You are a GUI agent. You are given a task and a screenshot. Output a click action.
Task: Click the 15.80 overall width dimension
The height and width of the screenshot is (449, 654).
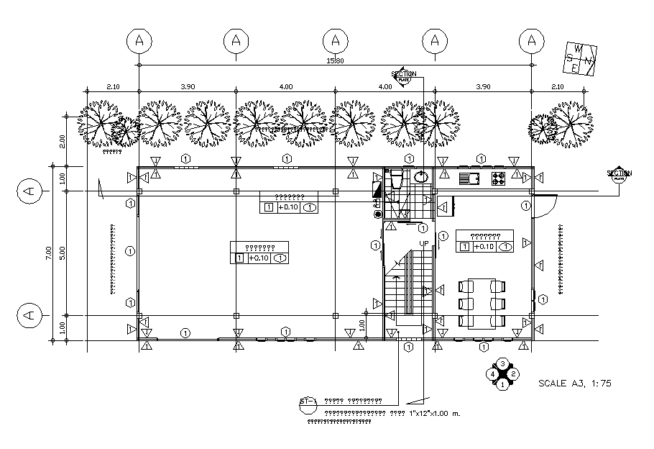(x=335, y=61)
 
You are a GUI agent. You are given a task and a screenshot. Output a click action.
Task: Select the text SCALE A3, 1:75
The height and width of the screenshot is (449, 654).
(x=574, y=384)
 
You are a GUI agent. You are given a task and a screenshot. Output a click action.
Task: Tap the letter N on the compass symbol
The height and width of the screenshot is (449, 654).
(x=587, y=59)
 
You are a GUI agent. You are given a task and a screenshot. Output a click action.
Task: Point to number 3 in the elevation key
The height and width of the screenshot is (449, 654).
(x=503, y=363)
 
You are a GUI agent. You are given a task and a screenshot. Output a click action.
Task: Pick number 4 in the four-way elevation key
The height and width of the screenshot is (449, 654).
(x=492, y=374)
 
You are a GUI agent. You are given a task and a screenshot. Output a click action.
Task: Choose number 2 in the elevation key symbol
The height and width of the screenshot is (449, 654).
(x=514, y=374)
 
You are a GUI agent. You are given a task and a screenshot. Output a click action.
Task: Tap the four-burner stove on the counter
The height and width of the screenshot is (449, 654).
(x=498, y=177)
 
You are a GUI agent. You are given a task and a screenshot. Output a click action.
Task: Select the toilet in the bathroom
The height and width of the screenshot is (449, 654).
(x=395, y=179)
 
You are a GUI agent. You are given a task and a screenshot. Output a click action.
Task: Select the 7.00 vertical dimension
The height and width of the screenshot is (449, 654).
(x=48, y=253)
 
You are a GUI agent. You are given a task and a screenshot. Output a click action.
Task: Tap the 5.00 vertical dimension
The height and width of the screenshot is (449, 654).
(x=63, y=253)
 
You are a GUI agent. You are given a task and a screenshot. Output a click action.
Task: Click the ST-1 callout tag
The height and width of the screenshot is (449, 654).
(x=308, y=402)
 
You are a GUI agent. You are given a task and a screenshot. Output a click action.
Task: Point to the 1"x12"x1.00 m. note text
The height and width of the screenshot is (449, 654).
(x=434, y=414)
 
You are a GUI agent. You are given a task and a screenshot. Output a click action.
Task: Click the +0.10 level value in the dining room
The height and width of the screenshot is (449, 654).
(x=484, y=247)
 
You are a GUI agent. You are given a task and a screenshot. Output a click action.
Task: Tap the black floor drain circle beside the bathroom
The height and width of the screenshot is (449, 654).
(x=378, y=214)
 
